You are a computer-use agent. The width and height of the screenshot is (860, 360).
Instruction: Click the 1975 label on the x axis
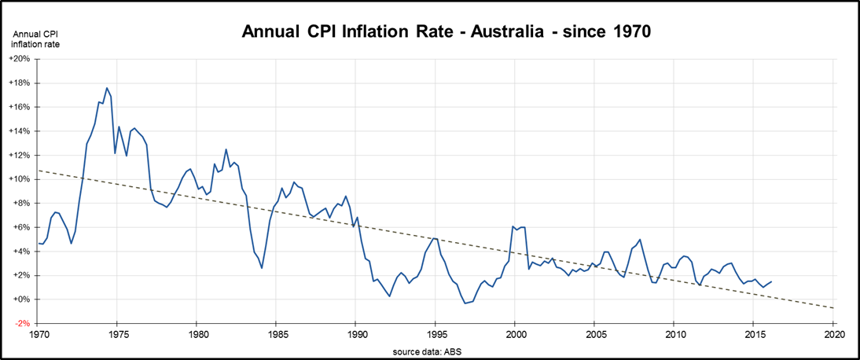pos(116,334)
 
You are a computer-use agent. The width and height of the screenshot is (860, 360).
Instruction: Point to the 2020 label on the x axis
pos(833,334)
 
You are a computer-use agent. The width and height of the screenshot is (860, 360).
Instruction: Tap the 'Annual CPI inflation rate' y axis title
pos(35,39)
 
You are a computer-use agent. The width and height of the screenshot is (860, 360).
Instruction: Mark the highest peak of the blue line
pos(107,88)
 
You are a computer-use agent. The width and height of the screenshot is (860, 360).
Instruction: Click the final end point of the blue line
pos(771,281)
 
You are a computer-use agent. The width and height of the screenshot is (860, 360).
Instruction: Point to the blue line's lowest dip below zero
pos(465,303)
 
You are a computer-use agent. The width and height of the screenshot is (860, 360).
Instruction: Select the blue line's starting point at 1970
pos(38,244)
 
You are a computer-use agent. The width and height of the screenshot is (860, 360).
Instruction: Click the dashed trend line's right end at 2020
pos(833,308)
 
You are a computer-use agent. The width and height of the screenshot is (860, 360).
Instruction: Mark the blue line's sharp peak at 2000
pos(513,226)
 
